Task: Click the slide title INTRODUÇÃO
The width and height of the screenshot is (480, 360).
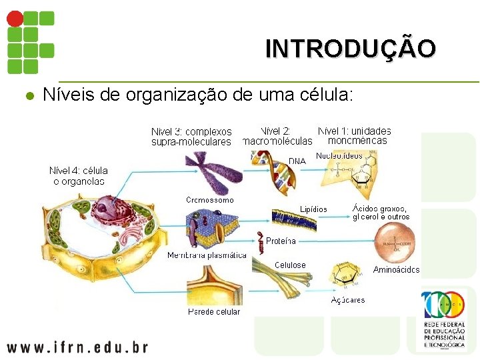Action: (x=351, y=49)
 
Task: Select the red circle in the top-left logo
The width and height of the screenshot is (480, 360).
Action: (x=15, y=18)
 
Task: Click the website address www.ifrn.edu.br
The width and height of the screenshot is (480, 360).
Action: (x=77, y=347)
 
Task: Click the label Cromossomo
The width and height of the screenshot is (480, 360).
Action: (x=210, y=200)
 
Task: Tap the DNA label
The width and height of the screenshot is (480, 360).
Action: (x=297, y=161)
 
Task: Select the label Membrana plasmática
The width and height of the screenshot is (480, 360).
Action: (x=207, y=255)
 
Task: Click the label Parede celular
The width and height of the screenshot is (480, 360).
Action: (x=214, y=311)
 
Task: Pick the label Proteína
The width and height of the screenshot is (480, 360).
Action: (x=281, y=241)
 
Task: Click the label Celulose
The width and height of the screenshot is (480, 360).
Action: (x=290, y=265)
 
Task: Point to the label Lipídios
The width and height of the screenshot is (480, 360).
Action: (x=313, y=209)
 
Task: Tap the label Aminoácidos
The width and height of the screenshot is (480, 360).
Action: (x=397, y=270)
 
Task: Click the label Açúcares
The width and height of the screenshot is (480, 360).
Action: (x=348, y=300)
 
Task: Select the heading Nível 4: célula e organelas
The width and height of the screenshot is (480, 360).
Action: (x=79, y=175)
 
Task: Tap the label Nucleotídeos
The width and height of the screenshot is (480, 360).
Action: (x=339, y=155)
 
